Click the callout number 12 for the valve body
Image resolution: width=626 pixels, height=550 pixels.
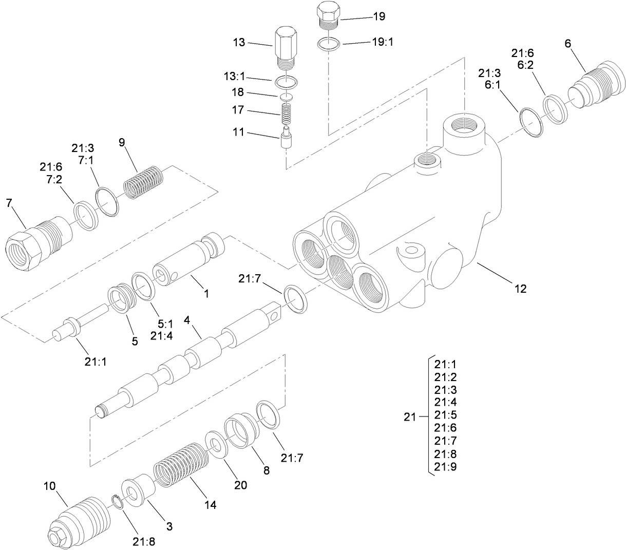(x=520, y=289)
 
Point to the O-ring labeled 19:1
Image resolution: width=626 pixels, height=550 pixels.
(x=328, y=44)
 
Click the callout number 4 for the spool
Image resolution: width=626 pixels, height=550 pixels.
(x=187, y=319)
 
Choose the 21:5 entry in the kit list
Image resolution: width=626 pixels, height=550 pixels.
(x=445, y=415)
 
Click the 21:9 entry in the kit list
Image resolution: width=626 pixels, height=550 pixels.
(x=445, y=467)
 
